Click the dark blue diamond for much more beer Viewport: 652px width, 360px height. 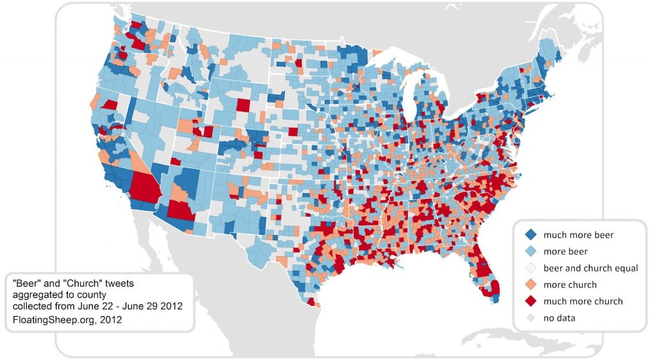[530, 235]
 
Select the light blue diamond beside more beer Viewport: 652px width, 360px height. [530, 252]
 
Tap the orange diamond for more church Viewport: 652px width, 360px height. [530, 285]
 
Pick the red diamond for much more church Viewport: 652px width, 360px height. [530, 301]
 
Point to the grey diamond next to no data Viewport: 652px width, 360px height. [530, 318]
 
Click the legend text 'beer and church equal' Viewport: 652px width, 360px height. [590, 268]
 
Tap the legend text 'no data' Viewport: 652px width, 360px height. [558, 318]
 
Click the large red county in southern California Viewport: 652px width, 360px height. [145, 187]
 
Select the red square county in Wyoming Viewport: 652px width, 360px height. [243, 105]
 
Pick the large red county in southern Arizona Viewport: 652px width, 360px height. [181, 213]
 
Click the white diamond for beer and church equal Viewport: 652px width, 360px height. [530, 268]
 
